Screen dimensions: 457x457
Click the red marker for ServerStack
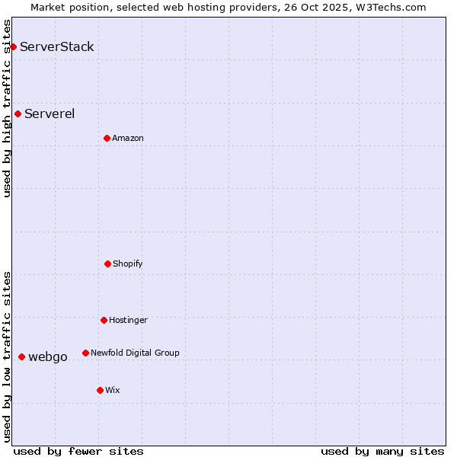[x=13, y=46]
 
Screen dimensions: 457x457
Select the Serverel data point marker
[x=18, y=113]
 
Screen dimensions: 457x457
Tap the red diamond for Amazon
[x=107, y=138]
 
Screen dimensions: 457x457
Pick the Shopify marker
[x=107, y=264]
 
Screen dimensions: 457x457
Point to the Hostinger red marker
[x=104, y=320]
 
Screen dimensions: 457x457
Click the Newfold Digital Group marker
[x=85, y=353]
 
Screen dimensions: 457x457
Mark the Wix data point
[x=100, y=390]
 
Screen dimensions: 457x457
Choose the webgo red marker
[x=21, y=356]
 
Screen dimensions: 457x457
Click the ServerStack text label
[x=57, y=46]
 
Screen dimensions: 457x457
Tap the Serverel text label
[x=50, y=113]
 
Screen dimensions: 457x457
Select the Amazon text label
[x=128, y=138]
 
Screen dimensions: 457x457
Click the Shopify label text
[x=128, y=264]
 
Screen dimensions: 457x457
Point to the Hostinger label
[x=128, y=320]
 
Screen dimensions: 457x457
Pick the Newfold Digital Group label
[x=135, y=353]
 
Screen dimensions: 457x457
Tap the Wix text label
[x=113, y=390]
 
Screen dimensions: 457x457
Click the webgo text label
[x=48, y=356]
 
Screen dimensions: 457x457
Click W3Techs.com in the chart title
[x=388, y=7]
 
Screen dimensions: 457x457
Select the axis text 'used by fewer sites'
[x=78, y=451]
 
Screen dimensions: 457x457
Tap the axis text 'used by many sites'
[x=382, y=451]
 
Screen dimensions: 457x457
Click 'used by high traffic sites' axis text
[x=7, y=108]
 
